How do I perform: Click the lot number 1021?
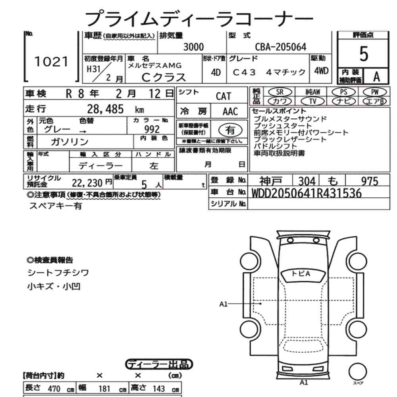tap(52, 61)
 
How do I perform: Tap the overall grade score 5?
tap(363, 54)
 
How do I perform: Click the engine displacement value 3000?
tap(194, 47)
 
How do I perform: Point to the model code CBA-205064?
tap(281, 47)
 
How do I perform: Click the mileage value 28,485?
tap(106, 108)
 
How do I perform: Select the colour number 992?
tap(152, 129)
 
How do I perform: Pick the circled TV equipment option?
tap(313, 101)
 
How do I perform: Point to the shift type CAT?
tap(224, 96)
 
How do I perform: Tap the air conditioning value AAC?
tap(230, 112)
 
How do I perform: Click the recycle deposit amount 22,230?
tap(88, 183)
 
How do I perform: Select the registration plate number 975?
tap(370, 181)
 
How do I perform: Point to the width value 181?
tap(104, 389)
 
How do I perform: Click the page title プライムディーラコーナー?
tap(198, 18)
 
